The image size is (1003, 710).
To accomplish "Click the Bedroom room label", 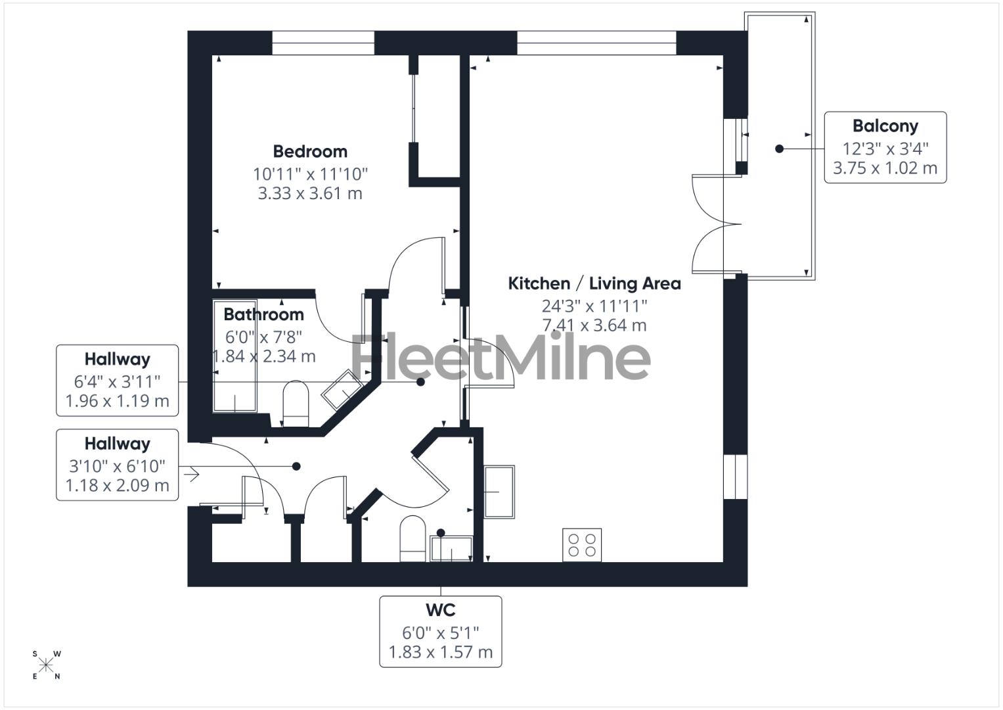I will (310, 151).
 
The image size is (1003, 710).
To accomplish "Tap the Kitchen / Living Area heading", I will (594, 283).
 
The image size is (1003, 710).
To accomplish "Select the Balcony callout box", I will (885, 147).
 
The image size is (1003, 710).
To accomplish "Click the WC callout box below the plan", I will (440, 631).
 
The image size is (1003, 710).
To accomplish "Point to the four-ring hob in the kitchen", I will (582, 545).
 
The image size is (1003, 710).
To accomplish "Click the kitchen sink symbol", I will (499, 491).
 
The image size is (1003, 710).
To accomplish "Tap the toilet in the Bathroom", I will (296, 404).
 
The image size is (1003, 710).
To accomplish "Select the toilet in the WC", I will (413, 539).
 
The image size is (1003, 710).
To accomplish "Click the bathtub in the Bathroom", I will (234, 356).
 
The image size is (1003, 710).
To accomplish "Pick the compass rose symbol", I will (46, 665).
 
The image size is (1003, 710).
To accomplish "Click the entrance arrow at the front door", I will (192, 474).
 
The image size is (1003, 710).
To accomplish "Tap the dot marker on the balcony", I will (779, 149).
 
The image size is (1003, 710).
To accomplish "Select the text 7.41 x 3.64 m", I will (594, 325).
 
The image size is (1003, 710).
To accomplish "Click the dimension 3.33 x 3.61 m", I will (310, 193).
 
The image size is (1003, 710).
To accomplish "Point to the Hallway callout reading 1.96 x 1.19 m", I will (117, 380).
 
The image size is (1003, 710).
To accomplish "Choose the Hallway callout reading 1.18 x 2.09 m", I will (117, 465).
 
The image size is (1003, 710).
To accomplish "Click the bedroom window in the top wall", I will (323, 43).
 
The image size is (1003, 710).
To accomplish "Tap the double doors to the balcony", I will (716, 224).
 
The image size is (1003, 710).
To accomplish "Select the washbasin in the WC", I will (451, 548).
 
